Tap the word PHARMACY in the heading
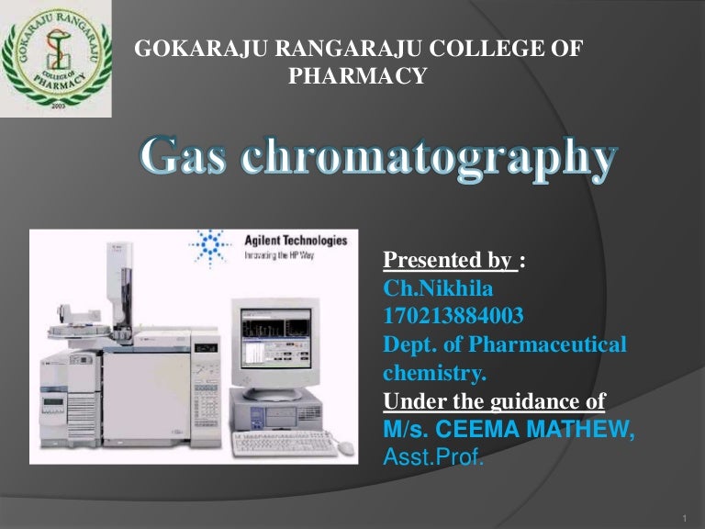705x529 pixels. pyautogui.click(x=358, y=77)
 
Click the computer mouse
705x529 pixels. pyautogui.click(x=345, y=447)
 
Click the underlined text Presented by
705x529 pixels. pyautogui.click(x=448, y=262)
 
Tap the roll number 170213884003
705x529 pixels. pyautogui.click(x=453, y=318)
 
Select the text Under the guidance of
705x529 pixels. pyautogui.click(x=494, y=401)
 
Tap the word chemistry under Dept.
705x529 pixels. pyautogui.click(x=433, y=374)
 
